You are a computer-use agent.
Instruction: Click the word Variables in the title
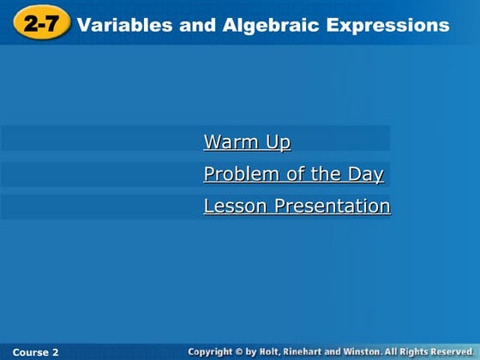coord(126,25)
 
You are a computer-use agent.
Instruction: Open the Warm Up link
coord(247,142)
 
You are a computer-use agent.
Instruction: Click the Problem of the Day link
coord(293,175)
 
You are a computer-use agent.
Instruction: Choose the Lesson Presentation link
coord(297,207)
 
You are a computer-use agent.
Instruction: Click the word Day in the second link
coord(366,175)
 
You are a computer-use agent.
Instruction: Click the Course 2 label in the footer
coord(36,352)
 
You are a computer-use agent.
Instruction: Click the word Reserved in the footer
coord(454,352)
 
